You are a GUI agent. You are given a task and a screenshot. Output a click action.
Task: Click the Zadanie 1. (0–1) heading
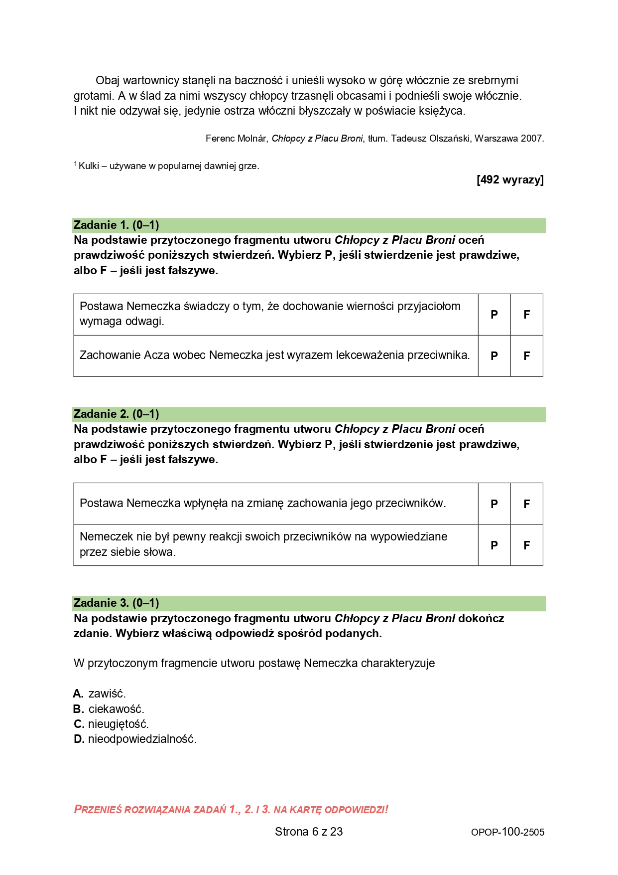pos(116,225)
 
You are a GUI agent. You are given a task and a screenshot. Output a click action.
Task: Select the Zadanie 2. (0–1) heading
pos(116,414)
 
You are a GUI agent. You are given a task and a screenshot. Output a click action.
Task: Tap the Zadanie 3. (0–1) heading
pos(116,603)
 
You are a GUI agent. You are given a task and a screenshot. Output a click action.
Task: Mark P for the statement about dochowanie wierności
pos(494,315)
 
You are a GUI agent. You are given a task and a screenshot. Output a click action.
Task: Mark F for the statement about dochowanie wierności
pos(526,315)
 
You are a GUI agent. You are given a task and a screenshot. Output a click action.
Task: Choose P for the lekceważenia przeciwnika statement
pos(494,356)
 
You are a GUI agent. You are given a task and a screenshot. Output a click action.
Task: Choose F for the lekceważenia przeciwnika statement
pos(526,356)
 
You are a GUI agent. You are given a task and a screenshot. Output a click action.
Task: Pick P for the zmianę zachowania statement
pos(494,504)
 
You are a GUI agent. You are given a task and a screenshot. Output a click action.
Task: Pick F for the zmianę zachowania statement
pos(526,504)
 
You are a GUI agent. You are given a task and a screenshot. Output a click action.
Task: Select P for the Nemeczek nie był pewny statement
pos(494,545)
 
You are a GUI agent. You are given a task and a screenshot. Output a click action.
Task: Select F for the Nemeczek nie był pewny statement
pos(526,545)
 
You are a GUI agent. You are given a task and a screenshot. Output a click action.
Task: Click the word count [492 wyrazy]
pos(510,180)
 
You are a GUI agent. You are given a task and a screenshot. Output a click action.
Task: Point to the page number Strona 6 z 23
pos(309,832)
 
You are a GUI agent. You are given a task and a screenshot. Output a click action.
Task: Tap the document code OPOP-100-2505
pos(507,832)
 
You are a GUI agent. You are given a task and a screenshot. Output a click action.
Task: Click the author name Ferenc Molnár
pos(236,139)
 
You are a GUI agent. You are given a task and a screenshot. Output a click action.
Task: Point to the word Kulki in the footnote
pos(89,166)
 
